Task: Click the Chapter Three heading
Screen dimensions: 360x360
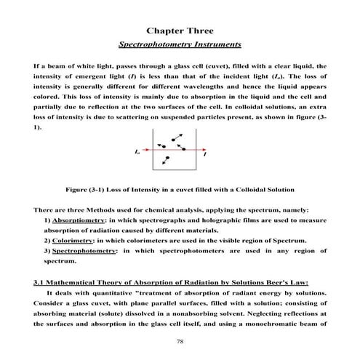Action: click(x=180, y=31)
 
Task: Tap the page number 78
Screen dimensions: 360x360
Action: click(x=180, y=340)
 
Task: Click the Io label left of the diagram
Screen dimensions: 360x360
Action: click(x=137, y=153)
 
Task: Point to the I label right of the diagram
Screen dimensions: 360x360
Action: click(x=205, y=154)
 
